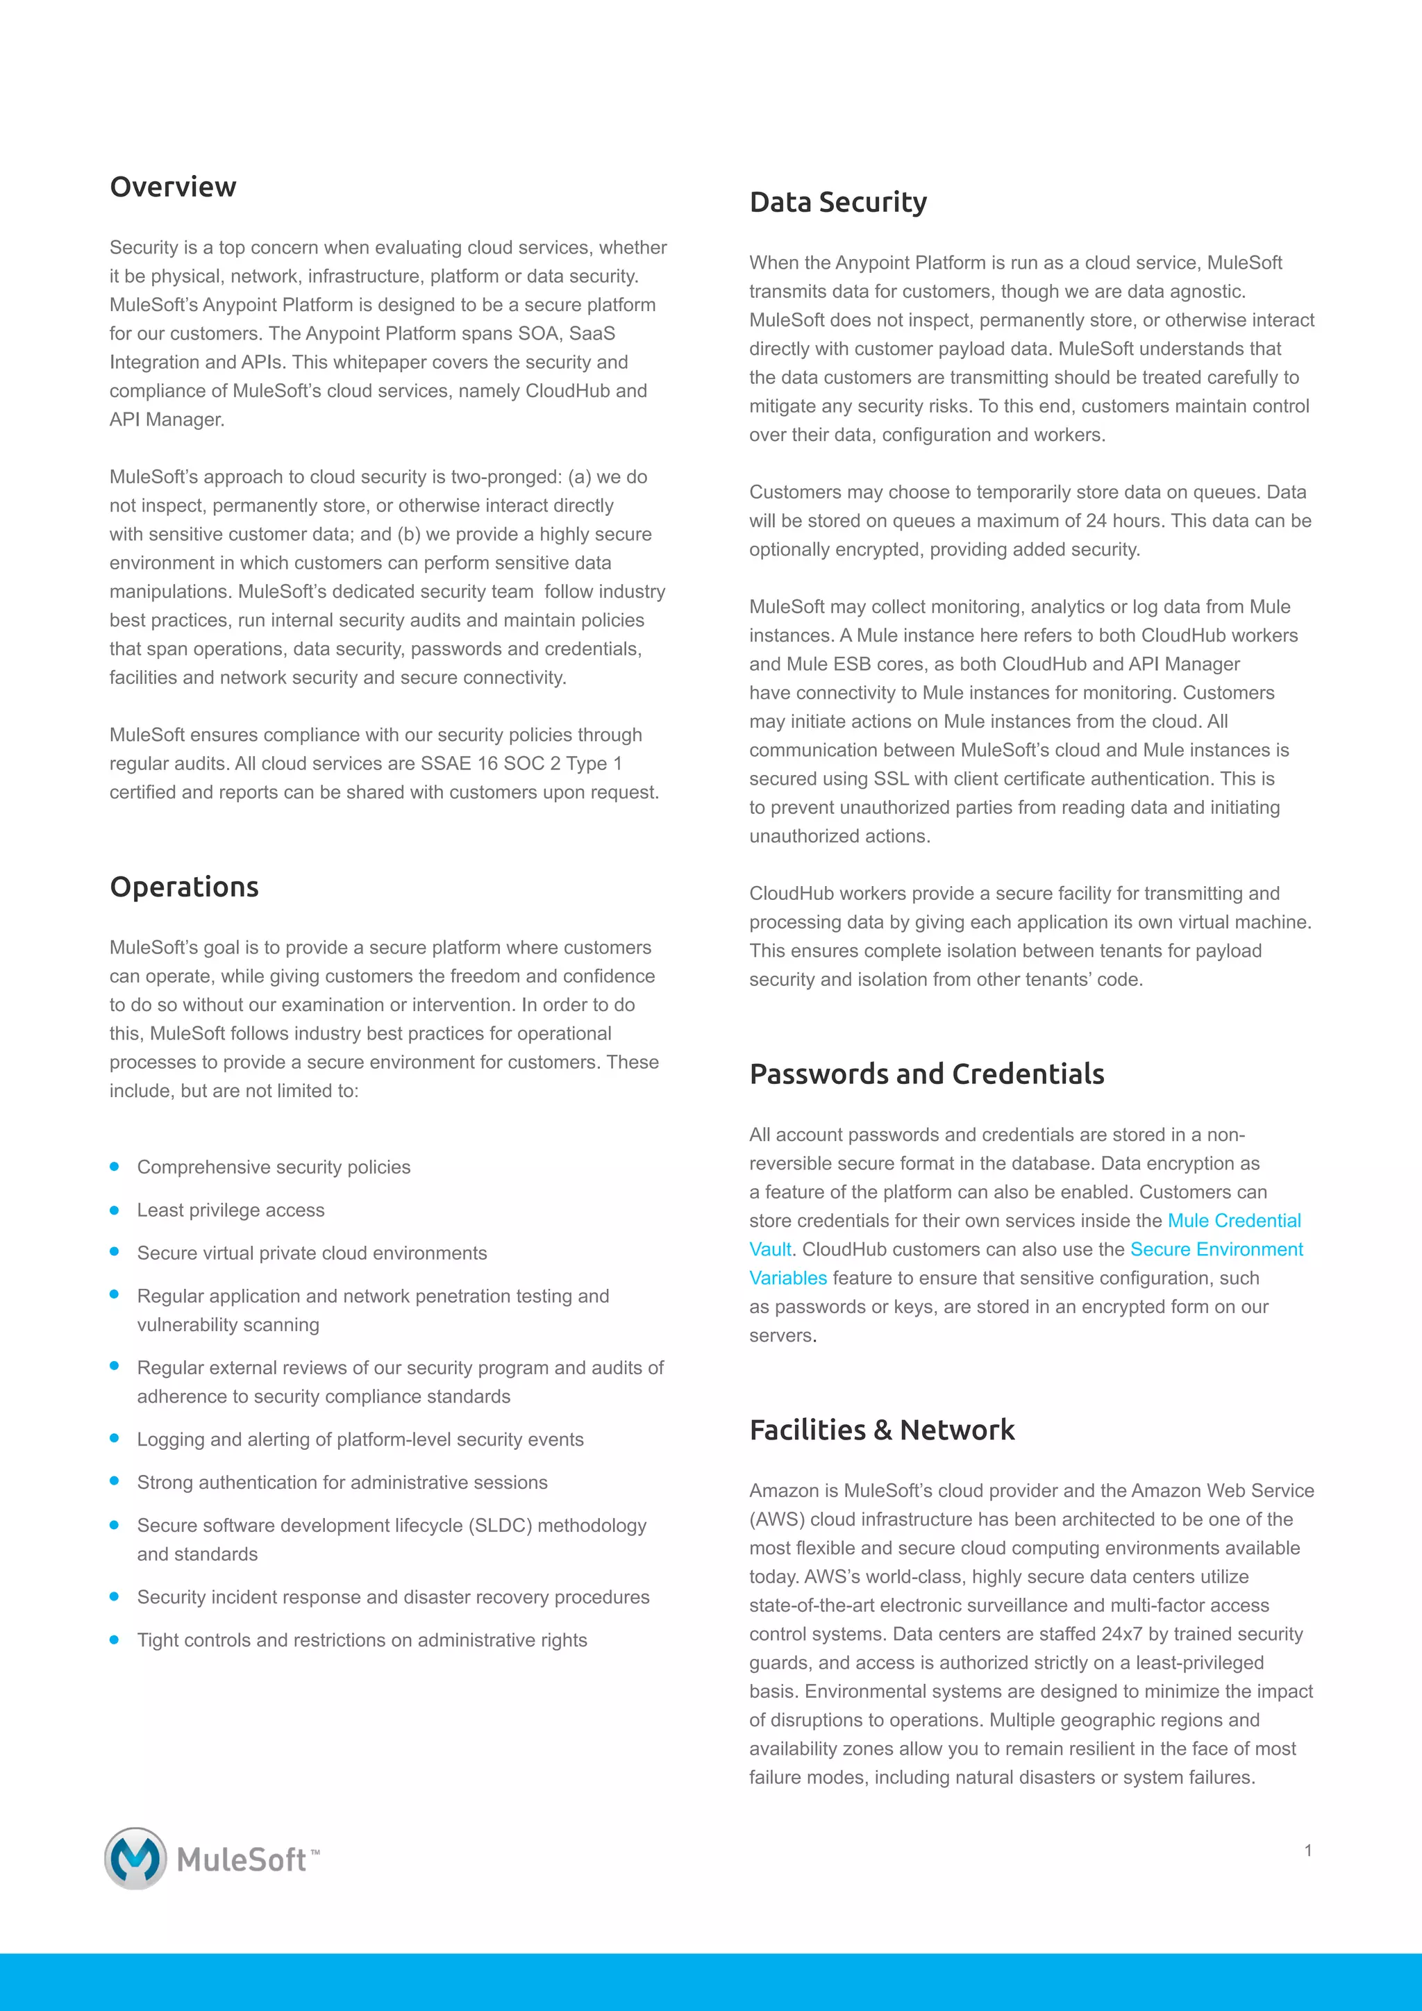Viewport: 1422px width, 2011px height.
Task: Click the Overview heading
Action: tap(174, 187)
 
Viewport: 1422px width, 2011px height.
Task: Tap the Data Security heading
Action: tap(838, 202)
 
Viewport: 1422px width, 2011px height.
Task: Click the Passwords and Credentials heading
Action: tap(926, 1074)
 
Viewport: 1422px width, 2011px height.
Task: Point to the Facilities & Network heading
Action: tap(882, 1429)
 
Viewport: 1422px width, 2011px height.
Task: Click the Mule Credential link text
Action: tap(1234, 1220)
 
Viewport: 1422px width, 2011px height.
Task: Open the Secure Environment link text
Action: tap(1216, 1249)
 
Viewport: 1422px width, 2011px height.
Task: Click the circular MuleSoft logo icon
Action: tap(135, 1858)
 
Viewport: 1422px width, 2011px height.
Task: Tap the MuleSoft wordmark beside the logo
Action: tap(242, 1860)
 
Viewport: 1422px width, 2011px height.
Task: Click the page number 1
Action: tap(1307, 1851)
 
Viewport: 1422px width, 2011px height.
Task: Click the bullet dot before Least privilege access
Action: tap(114, 1210)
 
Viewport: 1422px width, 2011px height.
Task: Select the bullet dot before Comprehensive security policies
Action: tap(114, 1167)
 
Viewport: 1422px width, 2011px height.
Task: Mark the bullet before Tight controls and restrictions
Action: tap(114, 1639)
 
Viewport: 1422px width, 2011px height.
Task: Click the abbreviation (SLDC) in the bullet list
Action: tap(501, 1525)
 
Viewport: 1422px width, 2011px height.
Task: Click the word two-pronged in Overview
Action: tap(506, 476)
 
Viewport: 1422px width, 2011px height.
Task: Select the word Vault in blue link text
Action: tap(769, 1249)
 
